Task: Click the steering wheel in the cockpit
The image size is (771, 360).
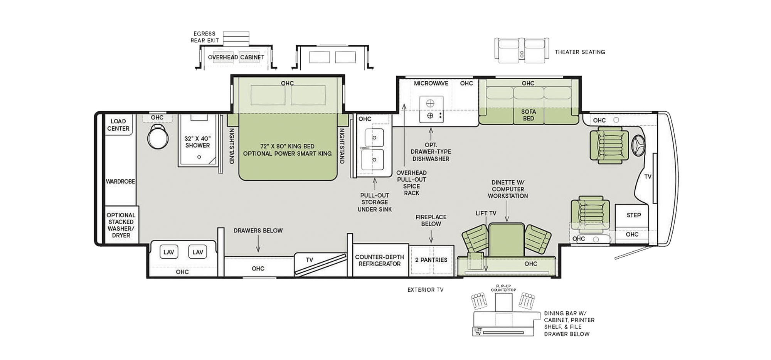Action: click(x=638, y=145)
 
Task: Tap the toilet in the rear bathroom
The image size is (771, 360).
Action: click(x=158, y=136)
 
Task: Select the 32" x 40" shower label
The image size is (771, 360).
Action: click(x=197, y=142)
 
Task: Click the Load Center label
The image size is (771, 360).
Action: click(x=118, y=125)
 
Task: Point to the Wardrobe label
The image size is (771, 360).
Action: click(x=120, y=181)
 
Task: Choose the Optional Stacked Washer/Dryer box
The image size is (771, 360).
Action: click(x=121, y=225)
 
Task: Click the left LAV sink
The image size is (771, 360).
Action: click(x=168, y=252)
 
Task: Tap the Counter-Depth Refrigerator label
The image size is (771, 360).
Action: click(x=379, y=260)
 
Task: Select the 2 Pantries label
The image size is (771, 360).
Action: click(x=431, y=260)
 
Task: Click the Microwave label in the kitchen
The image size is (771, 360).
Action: click(x=431, y=83)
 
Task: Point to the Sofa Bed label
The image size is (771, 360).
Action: click(x=528, y=115)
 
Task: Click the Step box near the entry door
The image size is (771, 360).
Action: click(x=633, y=215)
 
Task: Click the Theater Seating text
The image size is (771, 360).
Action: click(x=580, y=52)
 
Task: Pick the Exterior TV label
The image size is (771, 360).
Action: click(x=426, y=290)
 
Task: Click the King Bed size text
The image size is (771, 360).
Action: click(x=287, y=146)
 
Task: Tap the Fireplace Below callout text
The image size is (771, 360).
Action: click(x=431, y=220)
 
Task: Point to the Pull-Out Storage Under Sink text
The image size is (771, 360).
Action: click(x=374, y=202)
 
